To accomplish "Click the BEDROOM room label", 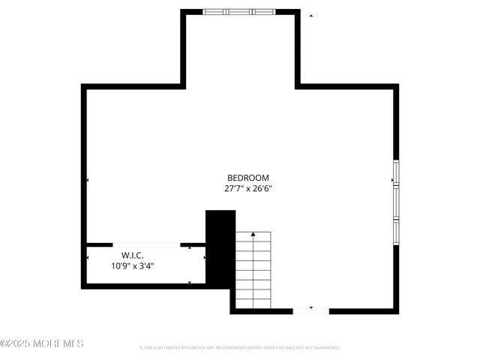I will point(247,178).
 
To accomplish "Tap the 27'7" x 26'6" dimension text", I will point(247,189).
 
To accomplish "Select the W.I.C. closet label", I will point(133,254).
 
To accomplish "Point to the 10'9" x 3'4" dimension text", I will point(133,265).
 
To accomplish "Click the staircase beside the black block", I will point(253,270).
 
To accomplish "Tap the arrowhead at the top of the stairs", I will point(253,234).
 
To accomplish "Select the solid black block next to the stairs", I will point(220,247).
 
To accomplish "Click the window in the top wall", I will point(240,12).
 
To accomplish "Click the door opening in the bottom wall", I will point(310,311).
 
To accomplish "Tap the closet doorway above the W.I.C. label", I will point(146,244).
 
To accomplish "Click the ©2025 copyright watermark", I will point(42,343).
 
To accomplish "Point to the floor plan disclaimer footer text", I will point(240,348).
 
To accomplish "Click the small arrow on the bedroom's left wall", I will point(88,181).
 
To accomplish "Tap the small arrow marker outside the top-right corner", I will point(311,15).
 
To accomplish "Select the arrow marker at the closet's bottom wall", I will point(189,283).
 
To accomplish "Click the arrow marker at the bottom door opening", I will point(310,307).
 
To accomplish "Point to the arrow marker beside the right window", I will point(391,180).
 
